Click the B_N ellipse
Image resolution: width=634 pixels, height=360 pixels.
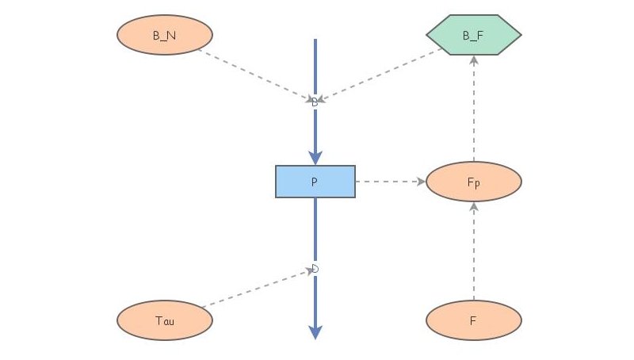click(x=165, y=35)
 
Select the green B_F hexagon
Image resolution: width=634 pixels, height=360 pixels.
click(x=473, y=35)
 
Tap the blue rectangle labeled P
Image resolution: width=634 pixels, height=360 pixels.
click(x=315, y=182)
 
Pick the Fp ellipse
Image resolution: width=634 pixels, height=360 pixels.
click(x=473, y=182)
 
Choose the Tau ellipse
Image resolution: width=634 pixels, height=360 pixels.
click(x=165, y=321)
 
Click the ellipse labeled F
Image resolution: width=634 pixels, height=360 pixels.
click(x=473, y=321)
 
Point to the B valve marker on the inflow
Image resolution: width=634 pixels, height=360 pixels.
click(x=315, y=101)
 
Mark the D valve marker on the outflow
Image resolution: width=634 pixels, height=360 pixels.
click(x=315, y=269)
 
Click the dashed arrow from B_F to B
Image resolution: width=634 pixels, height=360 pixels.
click(x=380, y=75)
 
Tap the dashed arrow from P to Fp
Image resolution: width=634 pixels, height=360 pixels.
click(x=388, y=182)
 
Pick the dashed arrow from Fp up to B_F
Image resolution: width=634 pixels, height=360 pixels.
click(x=473, y=111)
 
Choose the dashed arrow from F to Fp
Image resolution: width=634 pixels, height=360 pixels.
click(x=473, y=254)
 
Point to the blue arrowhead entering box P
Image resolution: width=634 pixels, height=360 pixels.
click(x=315, y=158)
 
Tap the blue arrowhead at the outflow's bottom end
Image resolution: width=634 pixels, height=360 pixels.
click(x=315, y=332)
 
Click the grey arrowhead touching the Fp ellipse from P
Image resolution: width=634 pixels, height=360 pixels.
click(x=420, y=182)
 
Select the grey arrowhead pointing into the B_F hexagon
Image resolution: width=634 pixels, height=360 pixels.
click(x=473, y=61)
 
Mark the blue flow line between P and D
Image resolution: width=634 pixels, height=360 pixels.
click(x=315, y=230)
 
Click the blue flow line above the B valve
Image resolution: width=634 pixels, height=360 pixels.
click(x=315, y=67)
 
